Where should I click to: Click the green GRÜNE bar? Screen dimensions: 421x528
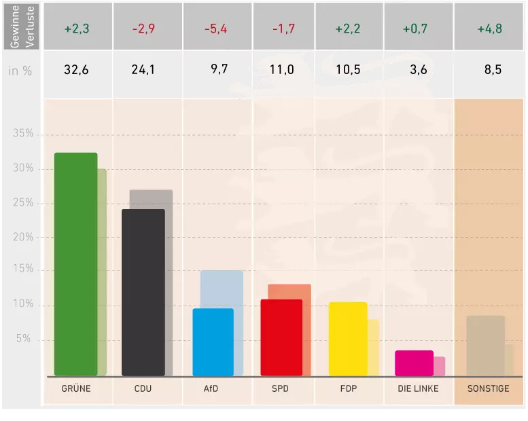point(75,264)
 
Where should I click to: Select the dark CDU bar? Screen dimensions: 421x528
point(143,293)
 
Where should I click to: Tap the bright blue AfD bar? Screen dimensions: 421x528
point(213,342)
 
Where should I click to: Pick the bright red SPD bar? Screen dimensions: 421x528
point(281,337)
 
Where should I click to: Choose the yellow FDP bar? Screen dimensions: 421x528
point(348,339)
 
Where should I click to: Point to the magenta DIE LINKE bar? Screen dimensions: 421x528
point(414,363)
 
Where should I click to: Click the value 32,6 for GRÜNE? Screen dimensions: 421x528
point(76,69)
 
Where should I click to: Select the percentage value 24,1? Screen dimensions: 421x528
point(143,69)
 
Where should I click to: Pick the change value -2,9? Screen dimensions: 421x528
point(143,30)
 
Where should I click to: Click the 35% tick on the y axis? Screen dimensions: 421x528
point(23,134)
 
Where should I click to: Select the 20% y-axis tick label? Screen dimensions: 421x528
point(23,237)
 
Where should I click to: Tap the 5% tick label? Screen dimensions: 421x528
point(25,339)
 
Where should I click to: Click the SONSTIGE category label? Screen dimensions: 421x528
point(488,389)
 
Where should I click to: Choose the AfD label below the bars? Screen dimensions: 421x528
point(211,389)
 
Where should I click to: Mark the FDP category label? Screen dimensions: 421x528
point(348,389)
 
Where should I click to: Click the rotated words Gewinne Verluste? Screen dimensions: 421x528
point(21,26)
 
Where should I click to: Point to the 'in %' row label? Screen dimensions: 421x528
point(20,70)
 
